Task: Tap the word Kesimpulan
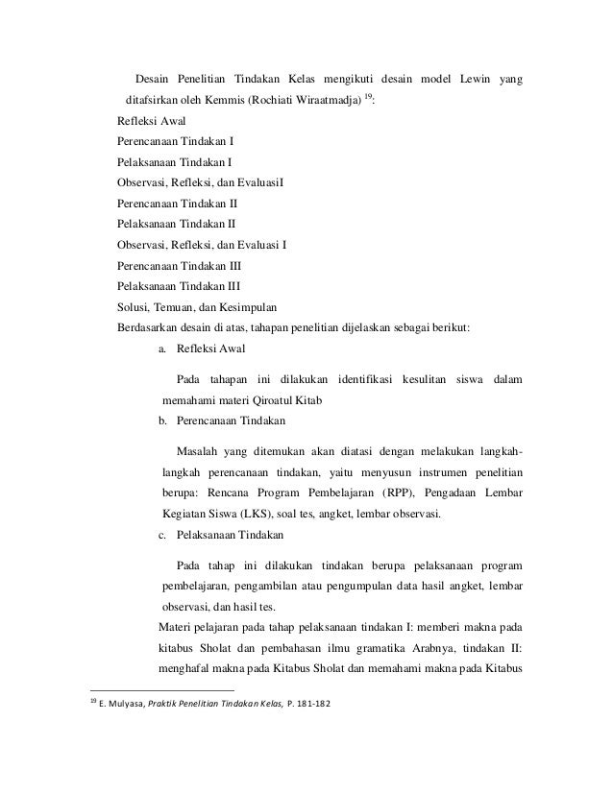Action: pos(245,307)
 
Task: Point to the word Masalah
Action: pos(201,450)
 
